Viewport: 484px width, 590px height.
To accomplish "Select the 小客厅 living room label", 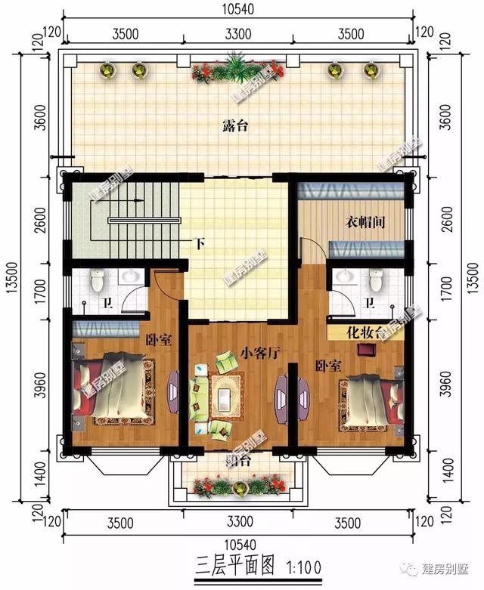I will pos(259,352).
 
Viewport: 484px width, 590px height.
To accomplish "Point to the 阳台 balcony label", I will pos(237,460).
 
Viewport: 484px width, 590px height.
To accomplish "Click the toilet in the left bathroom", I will pos(97,282).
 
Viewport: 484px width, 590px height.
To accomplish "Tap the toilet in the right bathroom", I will pos(375,282).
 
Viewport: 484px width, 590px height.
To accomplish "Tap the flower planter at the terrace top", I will pos(237,71).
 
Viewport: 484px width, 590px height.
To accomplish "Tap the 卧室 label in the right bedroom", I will pos(327,366).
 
